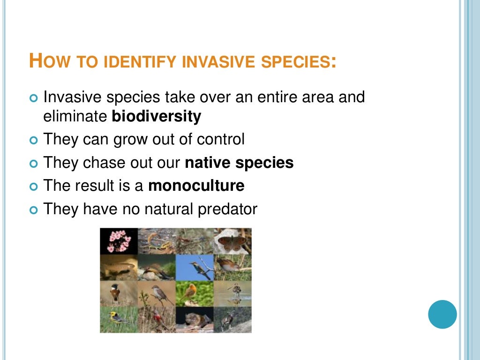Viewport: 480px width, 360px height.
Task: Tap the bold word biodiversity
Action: (x=156, y=116)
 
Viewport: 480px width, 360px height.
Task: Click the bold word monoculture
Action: (x=196, y=186)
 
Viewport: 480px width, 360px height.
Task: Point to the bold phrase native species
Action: (x=239, y=163)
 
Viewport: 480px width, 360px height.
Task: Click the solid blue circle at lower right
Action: (x=442, y=314)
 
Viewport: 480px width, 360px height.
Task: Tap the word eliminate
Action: (x=75, y=116)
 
